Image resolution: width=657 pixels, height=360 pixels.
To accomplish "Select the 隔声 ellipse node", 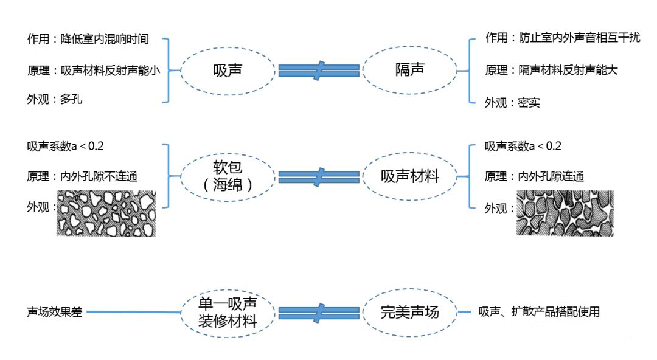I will coord(409,70).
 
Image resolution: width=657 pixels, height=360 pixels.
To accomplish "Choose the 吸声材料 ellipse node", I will coord(409,176).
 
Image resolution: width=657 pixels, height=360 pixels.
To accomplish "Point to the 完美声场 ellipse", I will coord(409,313).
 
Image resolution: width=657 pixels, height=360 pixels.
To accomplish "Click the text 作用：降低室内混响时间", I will coord(88,40).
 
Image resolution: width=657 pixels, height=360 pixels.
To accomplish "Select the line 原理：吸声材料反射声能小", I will coord(93,70).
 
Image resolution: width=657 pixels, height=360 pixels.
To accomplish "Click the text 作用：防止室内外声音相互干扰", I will coord(562,38).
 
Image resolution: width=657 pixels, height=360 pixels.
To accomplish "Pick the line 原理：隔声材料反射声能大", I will coord(551,70).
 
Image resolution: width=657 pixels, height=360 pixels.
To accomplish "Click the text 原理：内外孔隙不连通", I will coord(82,176).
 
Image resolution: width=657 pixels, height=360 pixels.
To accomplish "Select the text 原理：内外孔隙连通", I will coord(534,176).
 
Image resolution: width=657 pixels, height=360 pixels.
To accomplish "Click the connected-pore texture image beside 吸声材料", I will coord(565,213).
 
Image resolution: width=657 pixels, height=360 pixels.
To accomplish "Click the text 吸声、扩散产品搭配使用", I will coord(539,312).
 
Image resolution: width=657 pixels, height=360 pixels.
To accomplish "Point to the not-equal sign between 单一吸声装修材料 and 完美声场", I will coord(318,313).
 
